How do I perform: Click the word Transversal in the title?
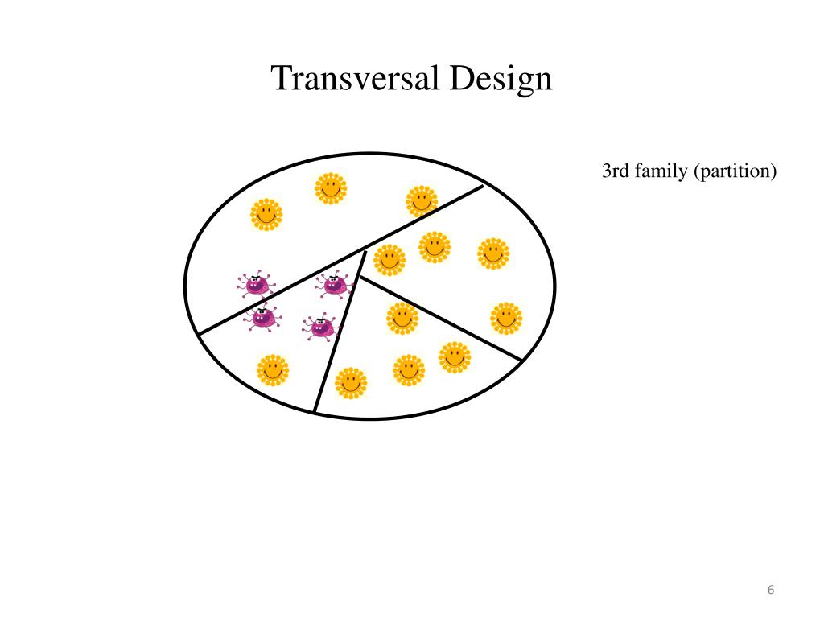pos(354,79)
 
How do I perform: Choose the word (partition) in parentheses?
pos(734,171)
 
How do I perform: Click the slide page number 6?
pos(770,590)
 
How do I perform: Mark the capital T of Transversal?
pos(281,79)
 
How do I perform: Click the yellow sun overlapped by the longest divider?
pos(421,202)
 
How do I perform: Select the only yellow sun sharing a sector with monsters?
pos(273,371)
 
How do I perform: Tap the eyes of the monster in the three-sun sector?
pos(255,280)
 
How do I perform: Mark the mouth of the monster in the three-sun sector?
pos(256,288)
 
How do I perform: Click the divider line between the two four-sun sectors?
pos(441,319)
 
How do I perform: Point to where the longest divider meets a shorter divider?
pos(366,248)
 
